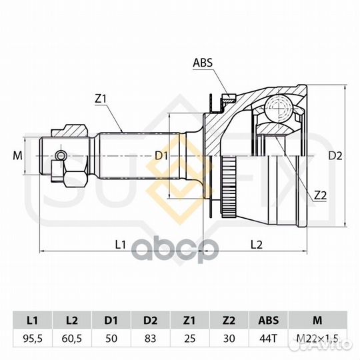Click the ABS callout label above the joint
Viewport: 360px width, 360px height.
pos(203,63)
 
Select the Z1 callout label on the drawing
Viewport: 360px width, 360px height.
pos(101,99)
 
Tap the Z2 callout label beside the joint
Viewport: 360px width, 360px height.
pos(320,195)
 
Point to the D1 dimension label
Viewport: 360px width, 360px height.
pos(161,156)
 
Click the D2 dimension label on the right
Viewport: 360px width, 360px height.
pos(335,156)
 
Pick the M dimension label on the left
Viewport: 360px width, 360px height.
pos(18,155)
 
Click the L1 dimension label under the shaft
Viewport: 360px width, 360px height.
pos(120,245)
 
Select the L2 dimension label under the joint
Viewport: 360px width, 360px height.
pos(256,245)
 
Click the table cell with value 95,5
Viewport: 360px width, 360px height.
pos(33,339)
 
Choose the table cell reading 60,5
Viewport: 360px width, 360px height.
pos(72,339)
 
